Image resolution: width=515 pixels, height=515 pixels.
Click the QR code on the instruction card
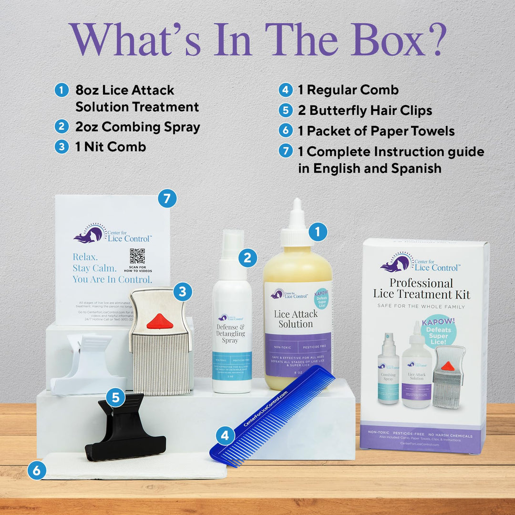coord(137,256)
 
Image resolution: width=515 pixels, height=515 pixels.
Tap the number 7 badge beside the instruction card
coord(167,198)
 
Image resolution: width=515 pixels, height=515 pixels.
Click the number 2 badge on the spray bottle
coord(247,258)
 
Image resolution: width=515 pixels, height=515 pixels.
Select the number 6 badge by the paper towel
coord(37,470)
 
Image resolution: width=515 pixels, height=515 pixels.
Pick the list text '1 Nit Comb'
coord(111,147)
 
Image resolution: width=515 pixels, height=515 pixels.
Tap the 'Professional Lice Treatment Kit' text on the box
coord(422,288)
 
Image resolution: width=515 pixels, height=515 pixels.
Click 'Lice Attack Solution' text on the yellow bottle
coord(296,319)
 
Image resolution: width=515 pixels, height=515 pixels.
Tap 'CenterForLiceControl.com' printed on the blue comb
coord(266,409)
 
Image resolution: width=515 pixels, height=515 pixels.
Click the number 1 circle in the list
coord(62,90)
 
